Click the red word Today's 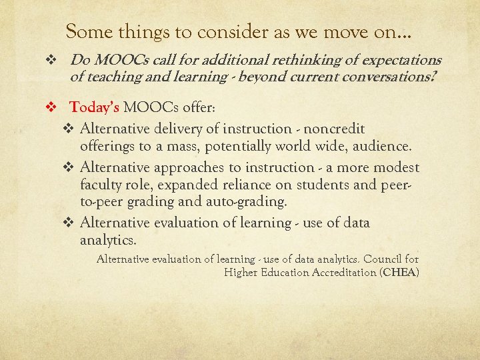click(95, 107)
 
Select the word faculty click(102, 185)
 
